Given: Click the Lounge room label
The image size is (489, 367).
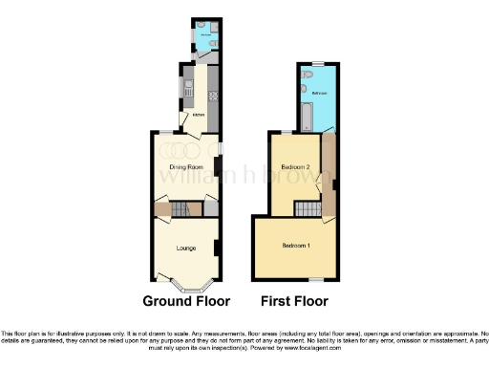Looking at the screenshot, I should tap(186, 248).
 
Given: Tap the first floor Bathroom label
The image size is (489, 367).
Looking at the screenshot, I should tap(319, 93).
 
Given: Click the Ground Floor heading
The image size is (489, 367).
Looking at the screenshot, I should tap(186, 301).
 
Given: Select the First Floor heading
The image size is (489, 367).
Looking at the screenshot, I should tap(295, 301).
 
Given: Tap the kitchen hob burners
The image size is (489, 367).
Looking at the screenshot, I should tap(214, 96).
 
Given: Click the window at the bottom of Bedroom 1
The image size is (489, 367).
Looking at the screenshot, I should tap(310, 279).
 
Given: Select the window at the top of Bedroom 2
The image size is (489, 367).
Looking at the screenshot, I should tap(285, 132).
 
